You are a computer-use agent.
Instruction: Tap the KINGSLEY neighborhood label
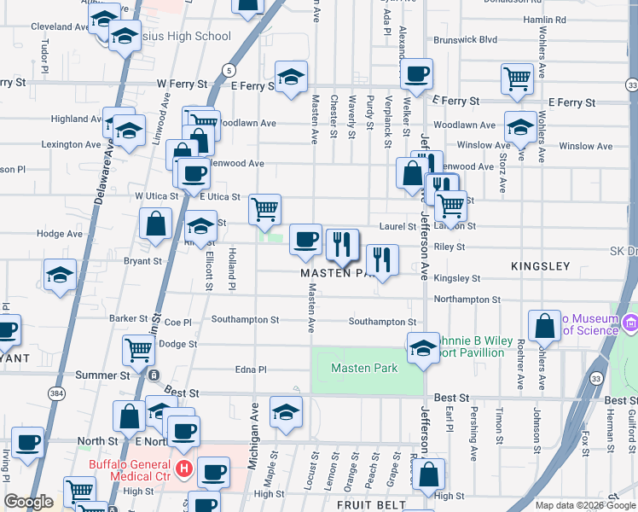pos(540,267)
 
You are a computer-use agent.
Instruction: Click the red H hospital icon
pos(183,468)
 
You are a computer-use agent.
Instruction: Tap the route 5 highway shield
pos(228,69)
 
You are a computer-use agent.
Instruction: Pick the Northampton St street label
pos(467,300)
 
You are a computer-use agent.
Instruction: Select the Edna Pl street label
pos(251,369)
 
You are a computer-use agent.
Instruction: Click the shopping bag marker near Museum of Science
pos(545,325)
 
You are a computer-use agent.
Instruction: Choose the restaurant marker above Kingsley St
pos(383,259)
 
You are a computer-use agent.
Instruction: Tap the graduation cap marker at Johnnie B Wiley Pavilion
pos(422,347)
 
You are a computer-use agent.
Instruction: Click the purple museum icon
pos(630,323)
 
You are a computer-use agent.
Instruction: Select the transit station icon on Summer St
pos(153,375)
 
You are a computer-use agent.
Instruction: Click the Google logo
pos(29,502)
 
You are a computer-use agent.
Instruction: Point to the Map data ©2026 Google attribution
pos(584,505)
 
